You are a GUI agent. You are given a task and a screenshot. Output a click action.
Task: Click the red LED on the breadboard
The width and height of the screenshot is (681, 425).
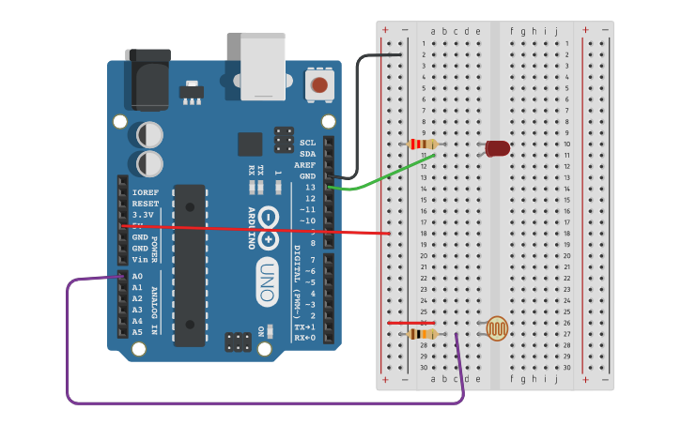[x=497, y=148]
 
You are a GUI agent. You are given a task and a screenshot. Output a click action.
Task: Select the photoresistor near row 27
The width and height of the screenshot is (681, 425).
[x=497, y=328]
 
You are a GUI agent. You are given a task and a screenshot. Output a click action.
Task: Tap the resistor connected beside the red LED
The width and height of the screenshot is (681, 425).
[x=424, y=144]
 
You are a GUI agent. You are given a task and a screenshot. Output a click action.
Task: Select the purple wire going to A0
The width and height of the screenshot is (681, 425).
[x=68, y=347]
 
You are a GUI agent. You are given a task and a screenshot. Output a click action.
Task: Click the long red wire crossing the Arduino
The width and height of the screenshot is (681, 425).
[x=254, y=228]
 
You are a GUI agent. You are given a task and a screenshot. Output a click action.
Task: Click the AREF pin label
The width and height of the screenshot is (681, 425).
[x=305, y=165]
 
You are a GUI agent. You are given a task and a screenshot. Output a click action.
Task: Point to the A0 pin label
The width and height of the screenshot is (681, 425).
[x=137, y=277]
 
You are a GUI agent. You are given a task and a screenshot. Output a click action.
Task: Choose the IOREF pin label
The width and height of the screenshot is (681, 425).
[x=145, y=192]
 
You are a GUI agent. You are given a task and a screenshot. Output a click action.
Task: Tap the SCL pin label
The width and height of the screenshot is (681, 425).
[x=307, y=143]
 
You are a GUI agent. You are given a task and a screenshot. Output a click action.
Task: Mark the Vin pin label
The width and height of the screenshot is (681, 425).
[x=139, y=260]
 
